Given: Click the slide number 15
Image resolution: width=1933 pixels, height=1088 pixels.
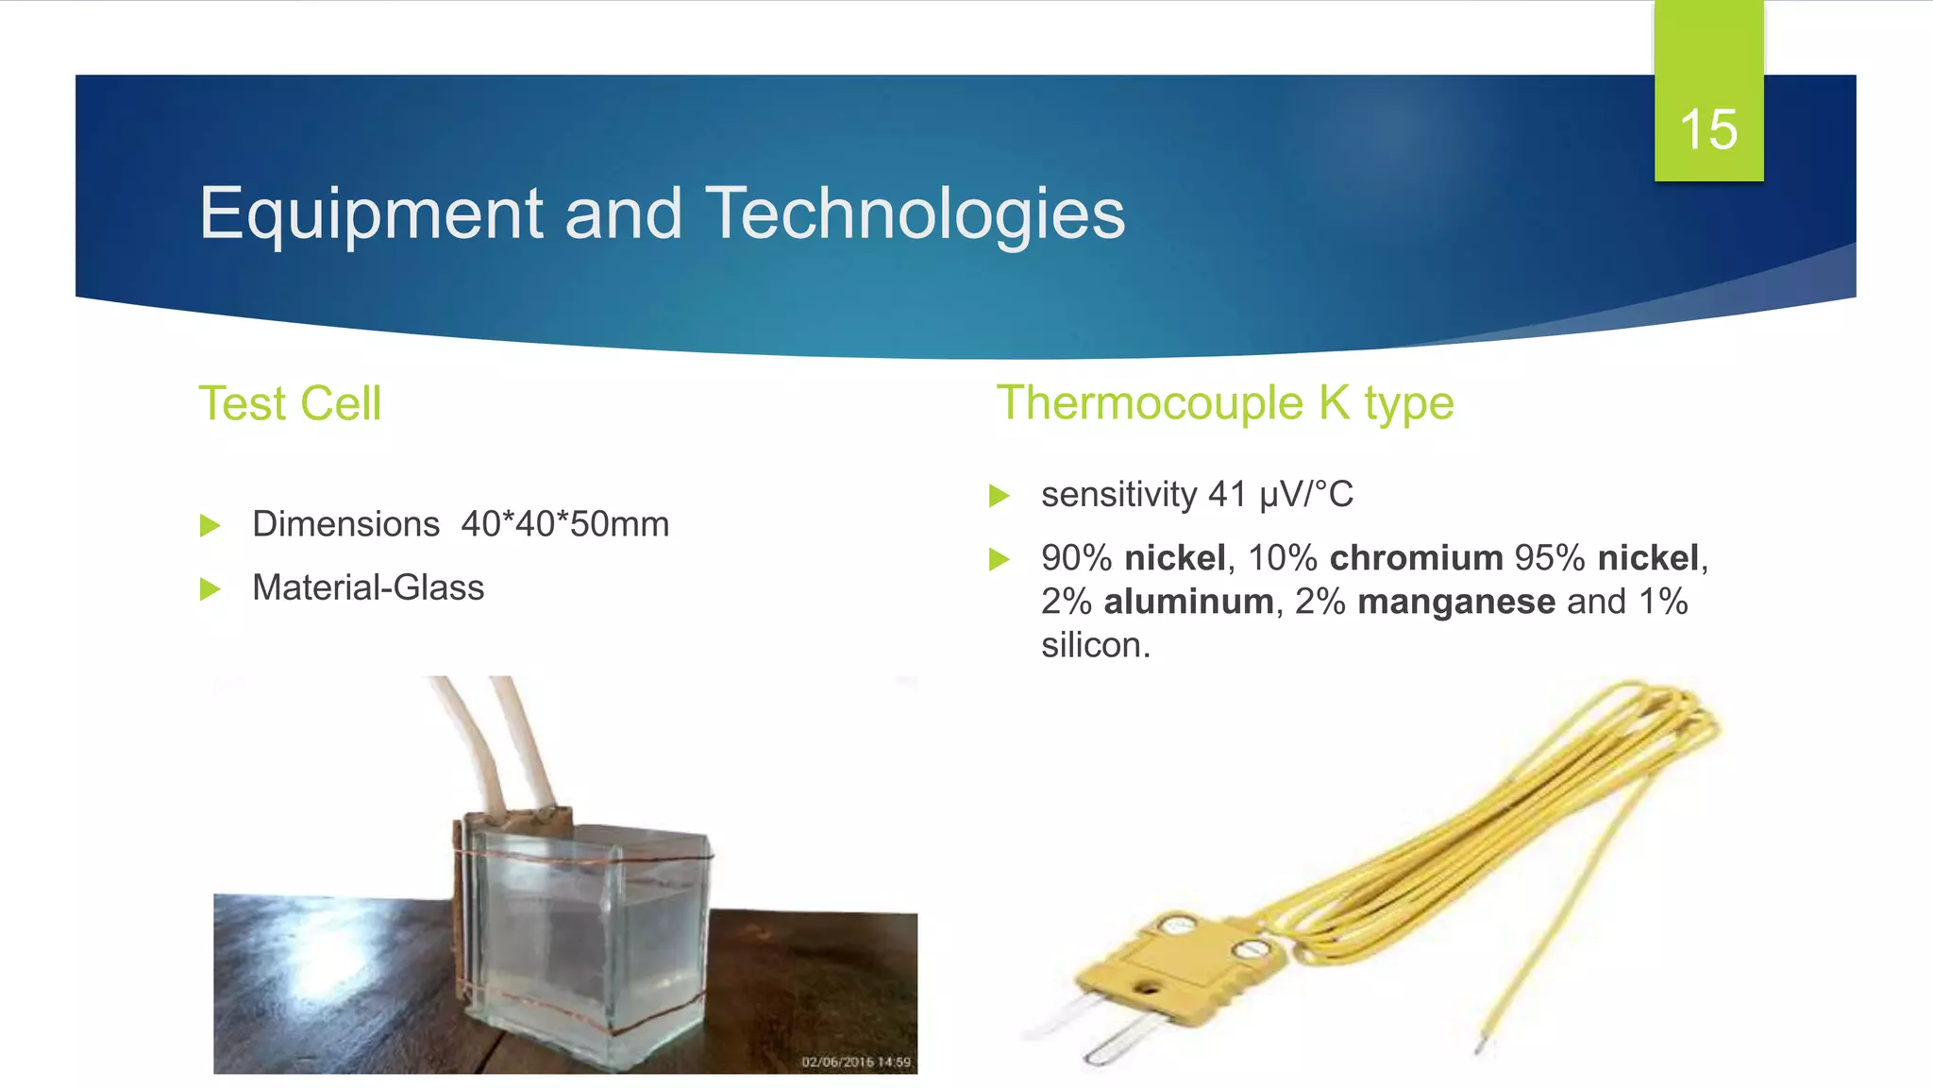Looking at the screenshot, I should pyautogui.click(x=1708, y=129).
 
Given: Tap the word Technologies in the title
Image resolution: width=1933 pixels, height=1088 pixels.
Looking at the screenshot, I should pyautogui.click(x=915, y=214).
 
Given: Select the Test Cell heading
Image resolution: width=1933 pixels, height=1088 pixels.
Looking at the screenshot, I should pyautogui.click(x=290, y=403).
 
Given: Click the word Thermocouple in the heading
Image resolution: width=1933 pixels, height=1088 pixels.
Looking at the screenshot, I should pyautogui.click(x=1150, y=403).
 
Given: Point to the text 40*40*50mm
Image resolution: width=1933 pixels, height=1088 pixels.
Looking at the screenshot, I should pyautogui.click(x=564, y=524).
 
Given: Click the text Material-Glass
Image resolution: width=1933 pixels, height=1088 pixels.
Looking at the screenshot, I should pyautogui.click(x=368, y=587).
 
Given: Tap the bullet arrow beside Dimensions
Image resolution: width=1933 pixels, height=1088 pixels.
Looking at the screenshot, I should pyautogui.click(x=210, y=525).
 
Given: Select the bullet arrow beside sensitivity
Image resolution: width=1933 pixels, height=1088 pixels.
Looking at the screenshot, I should pyautogui.click(x=999, y=495).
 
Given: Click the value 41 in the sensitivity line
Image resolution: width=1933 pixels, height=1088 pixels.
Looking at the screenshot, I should pyautogui.click(x=1227, y=494).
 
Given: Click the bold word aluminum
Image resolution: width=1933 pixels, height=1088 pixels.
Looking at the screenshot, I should pyautogui.click(x=1188, y=602).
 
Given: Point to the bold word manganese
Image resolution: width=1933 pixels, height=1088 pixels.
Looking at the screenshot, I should pyautogui.click(x=1456, y=602).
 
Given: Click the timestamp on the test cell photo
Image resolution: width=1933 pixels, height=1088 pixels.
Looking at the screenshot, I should pyautogui.click(x=855, y=1062).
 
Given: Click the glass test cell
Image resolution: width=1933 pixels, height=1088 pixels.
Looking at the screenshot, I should pyautogui.click(x=585, y=935).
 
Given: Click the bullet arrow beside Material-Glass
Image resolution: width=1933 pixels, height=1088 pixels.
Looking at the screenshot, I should pyautogui.click(x=210, y=589).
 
